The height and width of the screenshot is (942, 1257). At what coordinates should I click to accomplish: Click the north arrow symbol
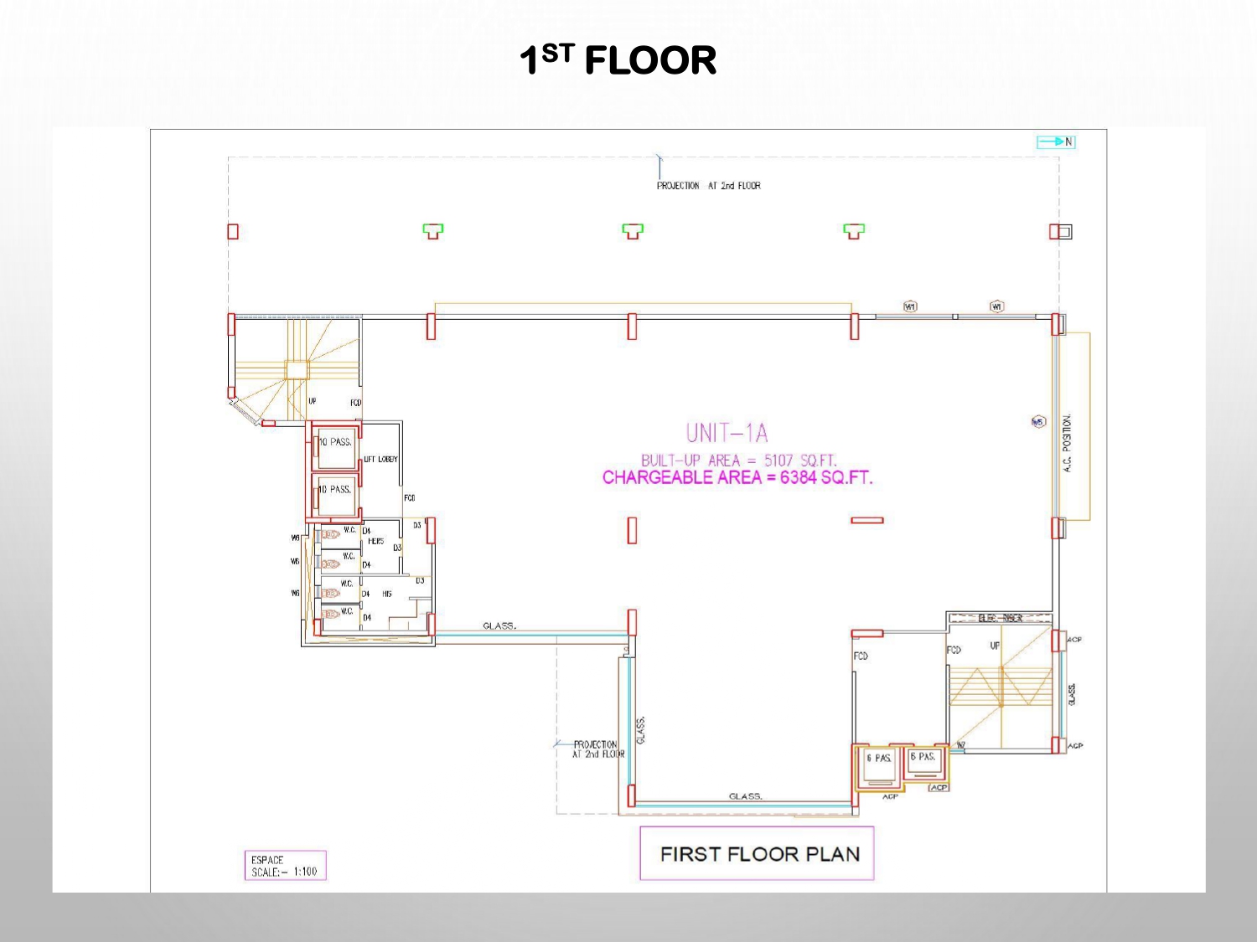[x=1055, y=142]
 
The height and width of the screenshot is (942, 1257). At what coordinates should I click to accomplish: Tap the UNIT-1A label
[x=727, y=433]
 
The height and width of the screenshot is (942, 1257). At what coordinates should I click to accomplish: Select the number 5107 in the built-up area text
[x=778, y=461]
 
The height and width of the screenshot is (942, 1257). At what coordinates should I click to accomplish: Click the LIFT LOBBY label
[x=380, y=459]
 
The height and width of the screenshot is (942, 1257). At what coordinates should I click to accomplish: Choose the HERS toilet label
[x=375, y=542]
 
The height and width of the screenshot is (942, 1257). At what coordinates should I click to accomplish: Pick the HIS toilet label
[x=386, y=594]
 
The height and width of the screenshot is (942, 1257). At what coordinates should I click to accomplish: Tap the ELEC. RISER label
[x=1000, y=618]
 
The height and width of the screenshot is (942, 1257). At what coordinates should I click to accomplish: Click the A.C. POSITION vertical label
[x=1067, y=443]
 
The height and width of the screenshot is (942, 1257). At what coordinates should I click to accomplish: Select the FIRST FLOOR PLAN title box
[x=757, y=853]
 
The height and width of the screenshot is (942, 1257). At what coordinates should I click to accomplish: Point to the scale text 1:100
[x=305, y=872]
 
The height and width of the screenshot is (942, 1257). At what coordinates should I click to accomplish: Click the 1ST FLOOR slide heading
[x=618, y=60]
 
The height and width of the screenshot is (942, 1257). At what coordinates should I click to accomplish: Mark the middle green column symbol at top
[x=633, y=230]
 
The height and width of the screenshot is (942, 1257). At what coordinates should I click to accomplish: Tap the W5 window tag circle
[x=1038, y=422]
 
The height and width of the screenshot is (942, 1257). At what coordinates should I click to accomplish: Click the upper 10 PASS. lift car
[x=337, y=448]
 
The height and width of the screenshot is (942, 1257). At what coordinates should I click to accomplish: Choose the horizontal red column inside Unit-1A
[x=866, y=520]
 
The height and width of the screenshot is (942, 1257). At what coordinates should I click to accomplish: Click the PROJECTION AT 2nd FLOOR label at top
[x=708, y=186]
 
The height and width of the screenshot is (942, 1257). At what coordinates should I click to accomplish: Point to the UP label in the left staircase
[x=312, y=401]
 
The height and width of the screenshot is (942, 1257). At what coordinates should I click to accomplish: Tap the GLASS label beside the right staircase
[x=1072, y=693]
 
